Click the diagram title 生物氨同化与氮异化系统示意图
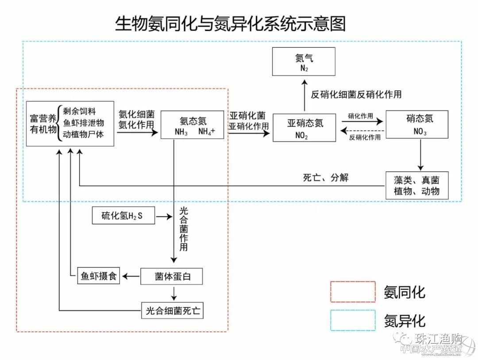pos(230,23)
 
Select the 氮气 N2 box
pos(304,62)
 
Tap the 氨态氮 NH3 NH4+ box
pos(193,125)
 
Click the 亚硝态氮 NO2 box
pos(304,128)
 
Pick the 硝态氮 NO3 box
pos(417,124)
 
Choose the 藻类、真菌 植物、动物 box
pos(416,185)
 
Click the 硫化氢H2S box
pos(123,216)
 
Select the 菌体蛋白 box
pos(172,276)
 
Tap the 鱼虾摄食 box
pos(98,276)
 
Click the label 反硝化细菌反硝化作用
pos(356,94)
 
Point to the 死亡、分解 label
pos(326,178)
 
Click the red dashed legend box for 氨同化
pos(352,292)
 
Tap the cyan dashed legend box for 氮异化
pos(352,320)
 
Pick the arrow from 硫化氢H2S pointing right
pos(164,217)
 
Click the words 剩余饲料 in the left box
pos(80,111)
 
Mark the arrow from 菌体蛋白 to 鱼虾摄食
pos(131,276)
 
